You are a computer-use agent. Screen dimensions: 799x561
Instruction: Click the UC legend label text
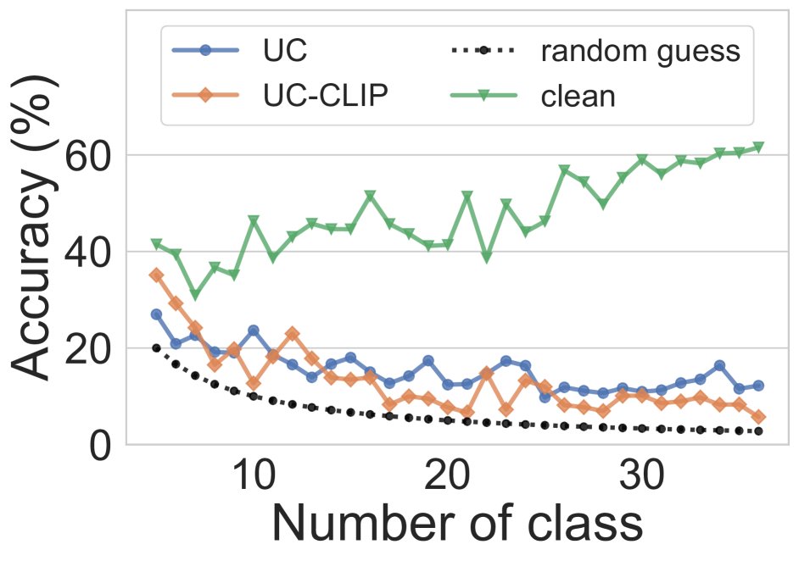point(285,50)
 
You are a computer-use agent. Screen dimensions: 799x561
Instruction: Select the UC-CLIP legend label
point(326,95)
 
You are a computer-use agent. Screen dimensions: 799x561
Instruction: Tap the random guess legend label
point(640,52)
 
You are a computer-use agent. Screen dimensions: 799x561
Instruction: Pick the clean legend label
point(578,96)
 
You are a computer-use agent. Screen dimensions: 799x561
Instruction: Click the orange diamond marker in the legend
point(205,94)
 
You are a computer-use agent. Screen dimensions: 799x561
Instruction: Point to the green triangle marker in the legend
point(483,95)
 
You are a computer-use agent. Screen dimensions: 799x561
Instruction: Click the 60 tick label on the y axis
point(88,156)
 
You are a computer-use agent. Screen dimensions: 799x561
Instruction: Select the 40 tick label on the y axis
point(88,252)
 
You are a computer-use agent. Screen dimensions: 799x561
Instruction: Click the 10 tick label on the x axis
point(254,475)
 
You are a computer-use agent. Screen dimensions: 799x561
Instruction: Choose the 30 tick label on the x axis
point(642,475)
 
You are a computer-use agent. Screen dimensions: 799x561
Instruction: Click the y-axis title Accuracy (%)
point(34,228)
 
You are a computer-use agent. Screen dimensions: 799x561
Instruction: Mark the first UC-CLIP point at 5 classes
point(156,275)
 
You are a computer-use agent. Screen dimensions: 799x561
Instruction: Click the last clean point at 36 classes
point(758,147)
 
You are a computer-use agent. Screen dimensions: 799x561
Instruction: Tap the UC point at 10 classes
point(254,330)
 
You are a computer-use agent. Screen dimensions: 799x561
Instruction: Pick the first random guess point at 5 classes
point(156,348)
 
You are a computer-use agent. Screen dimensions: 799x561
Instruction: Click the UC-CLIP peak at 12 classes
point(292,334)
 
